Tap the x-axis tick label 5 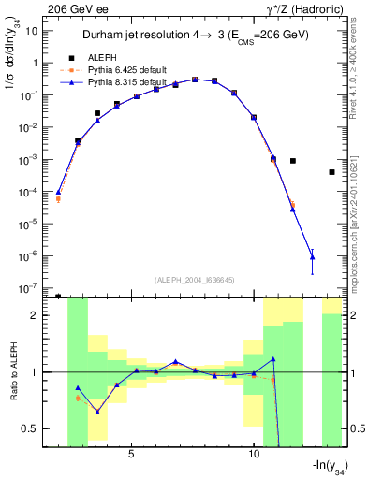(x=131, y=453)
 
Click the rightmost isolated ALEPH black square (x=331, y=172)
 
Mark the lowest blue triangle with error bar (x=312, y=256)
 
